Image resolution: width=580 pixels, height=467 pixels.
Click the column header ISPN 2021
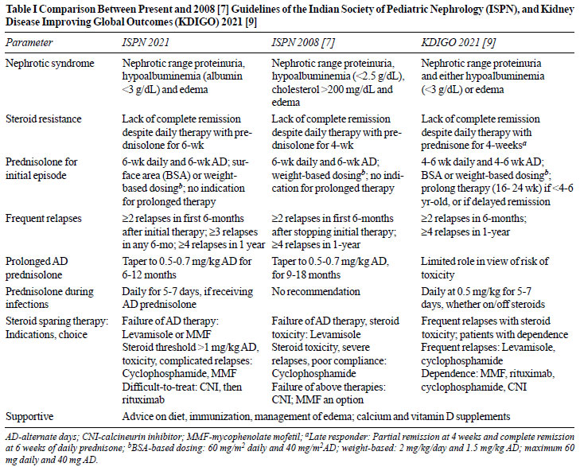click(x=146, y=42)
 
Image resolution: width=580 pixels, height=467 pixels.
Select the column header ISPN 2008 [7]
click(x=303, y=42)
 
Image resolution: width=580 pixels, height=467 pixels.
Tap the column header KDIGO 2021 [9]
click(x=458, y=42)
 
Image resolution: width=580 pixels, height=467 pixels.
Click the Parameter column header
click(x=29, y=42)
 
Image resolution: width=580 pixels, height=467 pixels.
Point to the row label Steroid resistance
click(x=43, y=119)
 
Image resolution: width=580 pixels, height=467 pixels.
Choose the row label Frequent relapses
click(x=43, y=219)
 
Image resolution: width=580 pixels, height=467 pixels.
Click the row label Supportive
click(x=29, y=417)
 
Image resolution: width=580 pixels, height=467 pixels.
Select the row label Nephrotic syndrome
click(x=50, y=63)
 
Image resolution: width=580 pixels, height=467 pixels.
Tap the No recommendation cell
click(x=316, y=292)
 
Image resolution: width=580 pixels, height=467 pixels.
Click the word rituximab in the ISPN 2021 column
click(x=143, y=400)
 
